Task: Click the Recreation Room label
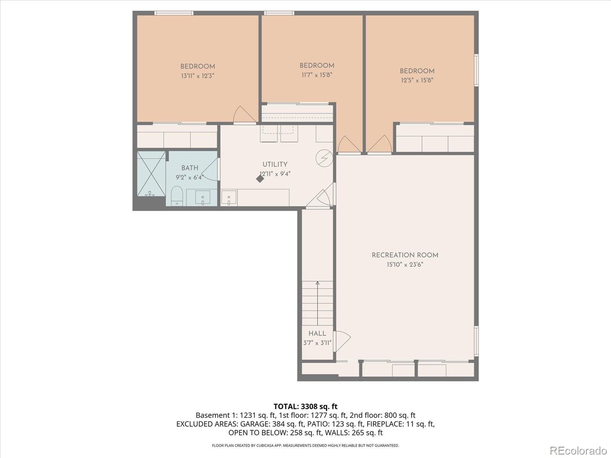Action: pyautogui.click(x=405, y=255)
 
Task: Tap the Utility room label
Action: pyautogui.click(x=275, y=164)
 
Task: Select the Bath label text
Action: pyautogui.click(x=190, y=168)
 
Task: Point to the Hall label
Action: pyautogui.click(x=317, y=334)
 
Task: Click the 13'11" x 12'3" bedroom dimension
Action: pyautogui.click(x=198, y=76)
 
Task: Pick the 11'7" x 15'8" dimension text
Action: pyautogui.click(x=317, y=75)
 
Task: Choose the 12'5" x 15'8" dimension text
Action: pyautogui.click(x=417, y=80)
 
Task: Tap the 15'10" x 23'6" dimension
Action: pyautogui.click(x=405, y=264)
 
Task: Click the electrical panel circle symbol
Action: pyautogui.click(x=324, y=158)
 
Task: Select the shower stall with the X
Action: pyautogui.click(x=152, y=174)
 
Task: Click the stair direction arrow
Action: pyautogui.click(x=317, y=303)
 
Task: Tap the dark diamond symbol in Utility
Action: pyautogui.click(x=260, y=179)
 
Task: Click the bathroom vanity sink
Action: pyautogui.click(x=203, y=197)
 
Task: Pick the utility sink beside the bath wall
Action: pyautogui.click(x=229, y=198)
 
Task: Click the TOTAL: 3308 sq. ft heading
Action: pyautogui.click(x=305, y=406)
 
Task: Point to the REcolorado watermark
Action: pyautogui.click(x=578, y=450)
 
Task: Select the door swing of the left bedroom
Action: pyautogui.click(x=244, y=114)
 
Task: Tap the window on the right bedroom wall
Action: pyautogui.click(x=476, y=70)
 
